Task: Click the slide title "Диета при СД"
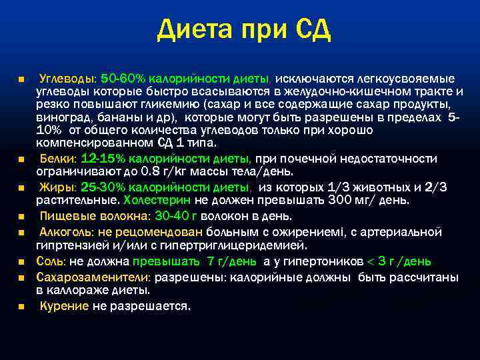point(244,31)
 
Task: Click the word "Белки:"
point(59,159)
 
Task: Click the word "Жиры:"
point(58,187)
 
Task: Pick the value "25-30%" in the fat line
point(105,187)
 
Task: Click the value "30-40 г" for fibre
point(177,216)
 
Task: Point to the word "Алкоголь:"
point(66,232)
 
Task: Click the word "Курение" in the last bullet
point(64,306)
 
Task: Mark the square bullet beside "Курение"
point(21,307)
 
